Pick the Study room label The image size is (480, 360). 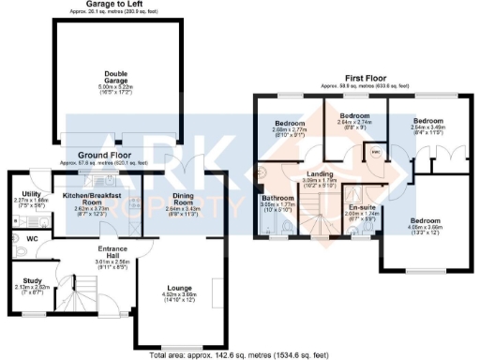[x=32, y=279]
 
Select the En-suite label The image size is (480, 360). [x=361, y=207]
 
